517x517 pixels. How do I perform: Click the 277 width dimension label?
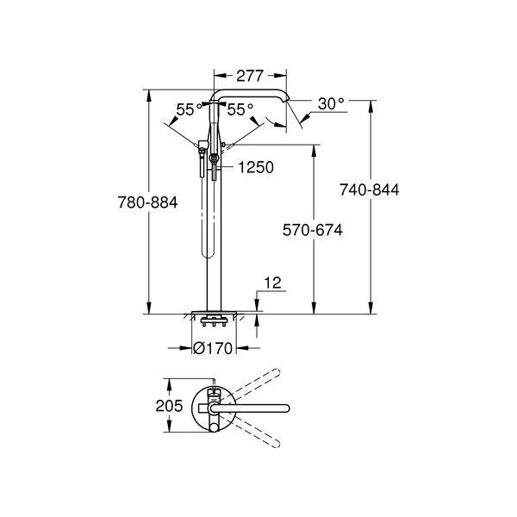pos(250,76)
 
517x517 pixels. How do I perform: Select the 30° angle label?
pos(331,104)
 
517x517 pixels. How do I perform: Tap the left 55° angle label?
pos(189,109)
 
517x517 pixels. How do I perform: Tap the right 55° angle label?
pos(240,109)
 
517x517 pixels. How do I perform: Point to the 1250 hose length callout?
pos(256,167)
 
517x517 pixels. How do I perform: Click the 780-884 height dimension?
pos(147,202)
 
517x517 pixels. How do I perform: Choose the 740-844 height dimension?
pos(370,190)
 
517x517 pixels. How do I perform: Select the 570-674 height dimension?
pos(313,230)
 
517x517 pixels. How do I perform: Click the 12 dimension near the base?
pos(272,283)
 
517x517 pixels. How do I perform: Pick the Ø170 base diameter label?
pos(213,348)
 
